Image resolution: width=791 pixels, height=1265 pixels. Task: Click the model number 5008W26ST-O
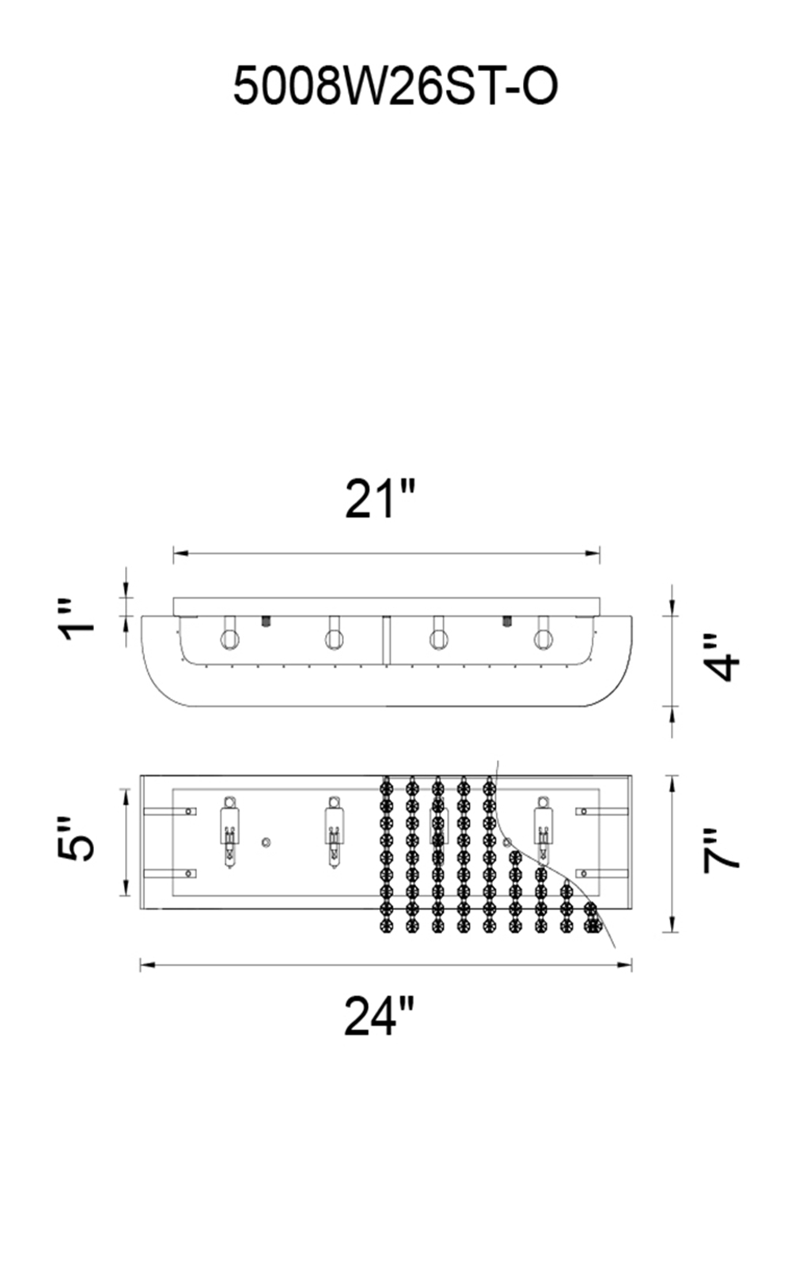point(395,86)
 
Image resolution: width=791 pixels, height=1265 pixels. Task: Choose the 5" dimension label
point(76,839)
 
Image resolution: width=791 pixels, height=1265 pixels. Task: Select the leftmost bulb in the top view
point(229,840)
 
